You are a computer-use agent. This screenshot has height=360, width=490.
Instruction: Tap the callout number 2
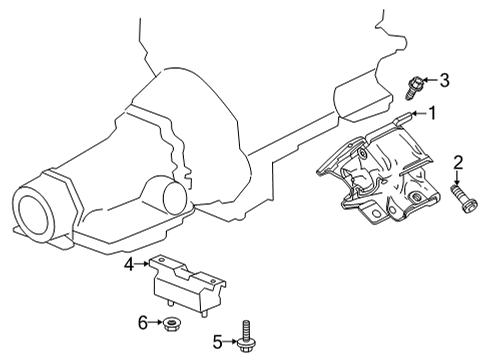[459, 162]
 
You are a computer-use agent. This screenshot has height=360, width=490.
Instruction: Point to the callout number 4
[129, 264]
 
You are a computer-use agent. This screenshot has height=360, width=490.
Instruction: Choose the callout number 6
[143, 322]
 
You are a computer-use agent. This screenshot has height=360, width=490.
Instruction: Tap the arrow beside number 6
[156, 322]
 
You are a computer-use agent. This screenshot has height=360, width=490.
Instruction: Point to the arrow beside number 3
[431, 80]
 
